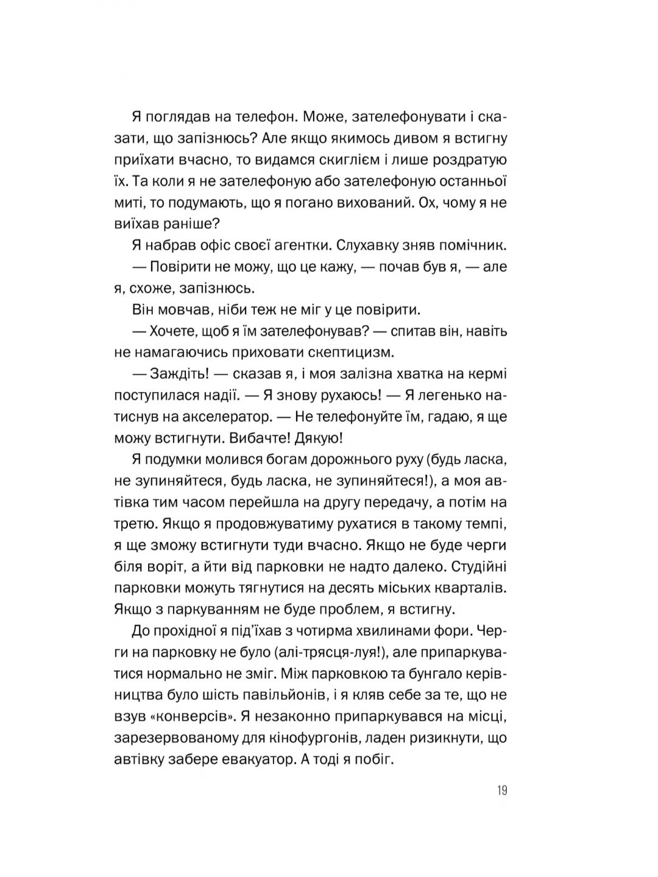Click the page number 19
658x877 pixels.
click(501, 791)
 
